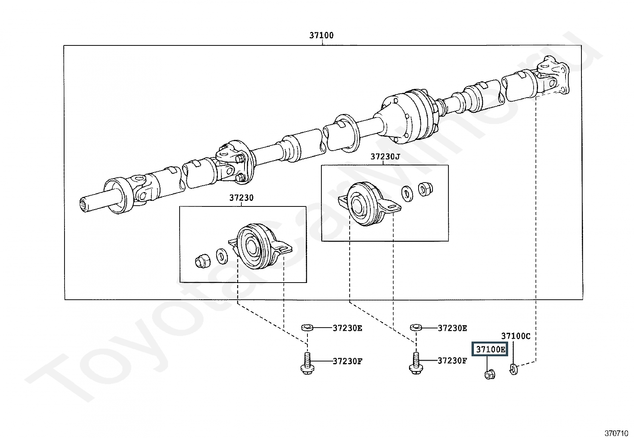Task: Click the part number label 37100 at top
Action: pos(321,35)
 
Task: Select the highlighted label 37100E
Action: pos(490,349)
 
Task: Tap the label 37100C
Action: pos(516,336)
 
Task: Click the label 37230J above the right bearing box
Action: pos(385,157)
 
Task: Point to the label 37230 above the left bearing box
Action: pos(241,198)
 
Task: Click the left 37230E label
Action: pos(347,328)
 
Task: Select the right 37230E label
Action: pos(452,328)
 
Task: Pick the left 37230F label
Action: pos(347,361)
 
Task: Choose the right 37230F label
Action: pos(452,361)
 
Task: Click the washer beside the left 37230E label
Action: pos(307,328)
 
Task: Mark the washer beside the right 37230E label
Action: pos(416,328)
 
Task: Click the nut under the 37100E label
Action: pos(490,375)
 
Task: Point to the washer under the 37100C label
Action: pos(514,369)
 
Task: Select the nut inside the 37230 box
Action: pos(203,261)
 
